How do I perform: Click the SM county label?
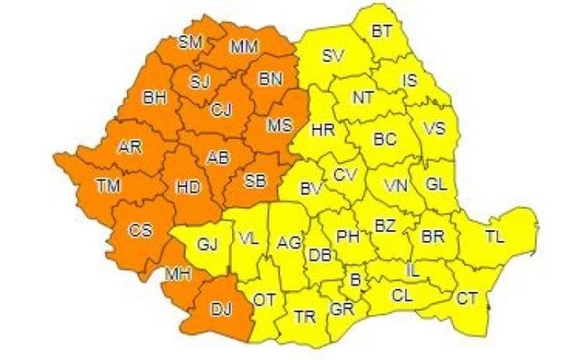click(x=189, y=42)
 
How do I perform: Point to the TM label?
click(x=109, y=188)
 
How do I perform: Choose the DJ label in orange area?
click(x=220, y=309)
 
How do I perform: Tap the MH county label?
click(x=177, y=271)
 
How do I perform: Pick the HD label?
click(x=188, y=188)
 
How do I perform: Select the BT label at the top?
click(x=382, y=31)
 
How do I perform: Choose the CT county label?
click(x=467, y=297)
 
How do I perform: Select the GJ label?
click(x=208, y=244)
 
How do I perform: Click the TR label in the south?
click(x=304, y=316)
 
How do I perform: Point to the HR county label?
click(x=323, y=131)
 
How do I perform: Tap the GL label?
click(x=437, y=184)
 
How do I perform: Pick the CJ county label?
click(x=220, y=111)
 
